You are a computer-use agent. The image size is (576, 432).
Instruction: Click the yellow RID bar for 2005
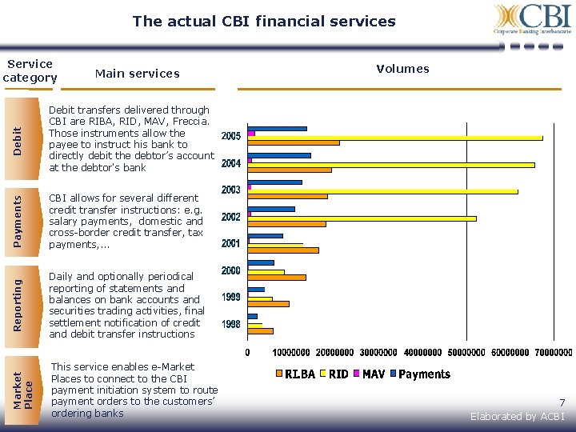395,138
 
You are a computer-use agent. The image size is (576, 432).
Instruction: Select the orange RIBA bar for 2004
290,170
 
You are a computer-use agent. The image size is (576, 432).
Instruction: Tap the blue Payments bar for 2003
275,182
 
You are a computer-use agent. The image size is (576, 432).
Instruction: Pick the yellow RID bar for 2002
362,218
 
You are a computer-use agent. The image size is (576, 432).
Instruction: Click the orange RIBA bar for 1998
261,330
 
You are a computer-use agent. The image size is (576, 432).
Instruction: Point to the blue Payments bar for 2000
261,262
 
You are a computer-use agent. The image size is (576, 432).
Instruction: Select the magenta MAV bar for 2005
251,133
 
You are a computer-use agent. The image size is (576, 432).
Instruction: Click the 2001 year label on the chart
231,243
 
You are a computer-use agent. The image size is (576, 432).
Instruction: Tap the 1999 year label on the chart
231,298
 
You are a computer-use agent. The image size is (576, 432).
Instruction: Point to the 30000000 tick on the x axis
378,352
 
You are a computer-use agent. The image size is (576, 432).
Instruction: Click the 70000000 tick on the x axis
551,352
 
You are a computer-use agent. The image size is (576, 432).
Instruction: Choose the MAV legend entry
373,374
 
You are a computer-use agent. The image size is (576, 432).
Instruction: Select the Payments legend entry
424,374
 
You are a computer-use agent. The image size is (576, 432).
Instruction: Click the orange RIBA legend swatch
279,374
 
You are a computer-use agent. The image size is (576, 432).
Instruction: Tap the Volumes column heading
402,69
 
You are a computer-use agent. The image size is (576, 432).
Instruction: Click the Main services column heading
137,74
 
